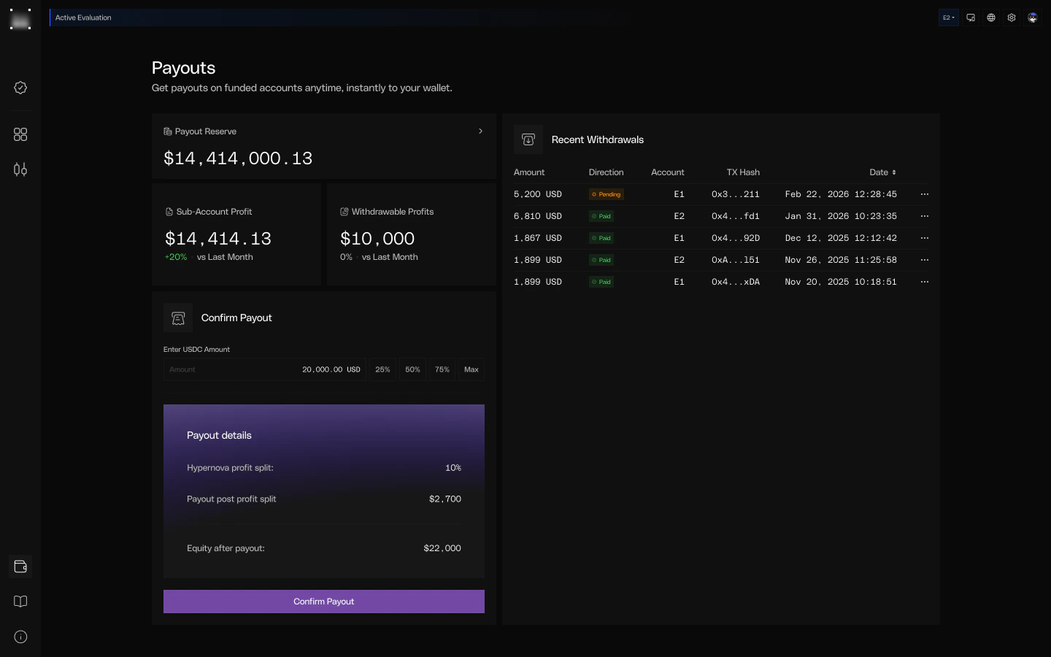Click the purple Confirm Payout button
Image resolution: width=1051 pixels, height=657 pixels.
323,602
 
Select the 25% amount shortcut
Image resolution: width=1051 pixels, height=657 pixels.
382,369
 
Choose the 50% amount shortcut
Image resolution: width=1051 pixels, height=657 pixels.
412,369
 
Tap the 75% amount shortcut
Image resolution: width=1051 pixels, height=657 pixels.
442,369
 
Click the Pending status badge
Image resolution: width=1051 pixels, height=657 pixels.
607,194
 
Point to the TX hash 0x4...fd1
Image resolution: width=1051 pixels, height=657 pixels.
735,216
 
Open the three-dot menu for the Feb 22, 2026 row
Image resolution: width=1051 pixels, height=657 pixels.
925,194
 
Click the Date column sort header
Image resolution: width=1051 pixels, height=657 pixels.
882,172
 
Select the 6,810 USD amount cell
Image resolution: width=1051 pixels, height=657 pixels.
537,216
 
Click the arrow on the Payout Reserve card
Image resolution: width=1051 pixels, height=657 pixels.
480,131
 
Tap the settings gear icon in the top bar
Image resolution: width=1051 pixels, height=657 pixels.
1012,18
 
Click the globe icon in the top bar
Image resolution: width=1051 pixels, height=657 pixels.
991,18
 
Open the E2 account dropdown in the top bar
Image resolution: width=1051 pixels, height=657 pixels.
948,18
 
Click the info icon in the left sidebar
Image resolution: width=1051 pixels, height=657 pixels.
20,637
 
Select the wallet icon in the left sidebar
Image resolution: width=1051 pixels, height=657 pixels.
20,566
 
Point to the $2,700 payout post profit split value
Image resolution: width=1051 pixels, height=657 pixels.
445,499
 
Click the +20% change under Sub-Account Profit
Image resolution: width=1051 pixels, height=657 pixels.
176,257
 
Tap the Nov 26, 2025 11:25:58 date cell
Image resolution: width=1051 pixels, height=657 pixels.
841,260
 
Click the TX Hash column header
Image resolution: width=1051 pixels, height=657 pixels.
743,172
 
